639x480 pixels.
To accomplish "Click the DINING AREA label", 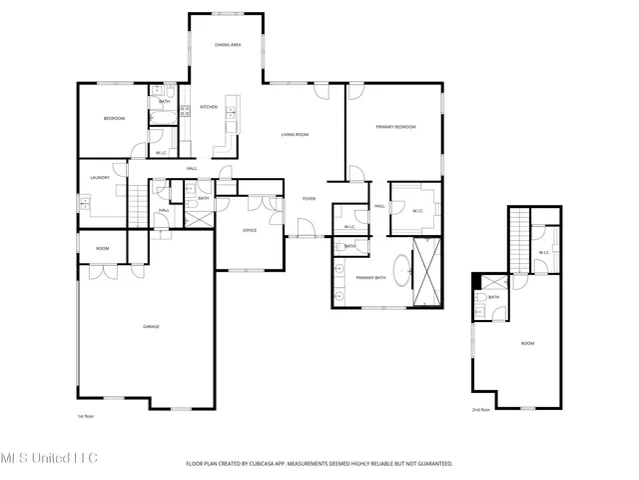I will tap(228, 45).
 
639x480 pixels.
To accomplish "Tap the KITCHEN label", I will tap(209, 107).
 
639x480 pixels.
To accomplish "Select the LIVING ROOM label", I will tap(294, 134).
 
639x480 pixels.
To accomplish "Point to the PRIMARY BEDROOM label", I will tap(395, 127).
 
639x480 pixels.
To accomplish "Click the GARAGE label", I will tap(151, 326).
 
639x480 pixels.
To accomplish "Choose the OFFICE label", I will tap(251, 230).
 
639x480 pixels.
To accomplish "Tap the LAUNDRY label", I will tap(99, 178).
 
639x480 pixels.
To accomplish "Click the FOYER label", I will tap(310, 199).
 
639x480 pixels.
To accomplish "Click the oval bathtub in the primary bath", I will tap(401, 271).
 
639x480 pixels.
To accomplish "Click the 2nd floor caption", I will tap(481, 409).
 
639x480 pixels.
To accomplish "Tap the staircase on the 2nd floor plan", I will tap(518, 240).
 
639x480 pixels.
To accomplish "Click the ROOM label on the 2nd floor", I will tap(526, 343).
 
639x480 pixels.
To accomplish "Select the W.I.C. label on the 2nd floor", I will tap(544, 252).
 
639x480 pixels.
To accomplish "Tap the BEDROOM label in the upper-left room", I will tap(114, 119).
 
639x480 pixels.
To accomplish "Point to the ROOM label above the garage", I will tap(102, 248).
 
